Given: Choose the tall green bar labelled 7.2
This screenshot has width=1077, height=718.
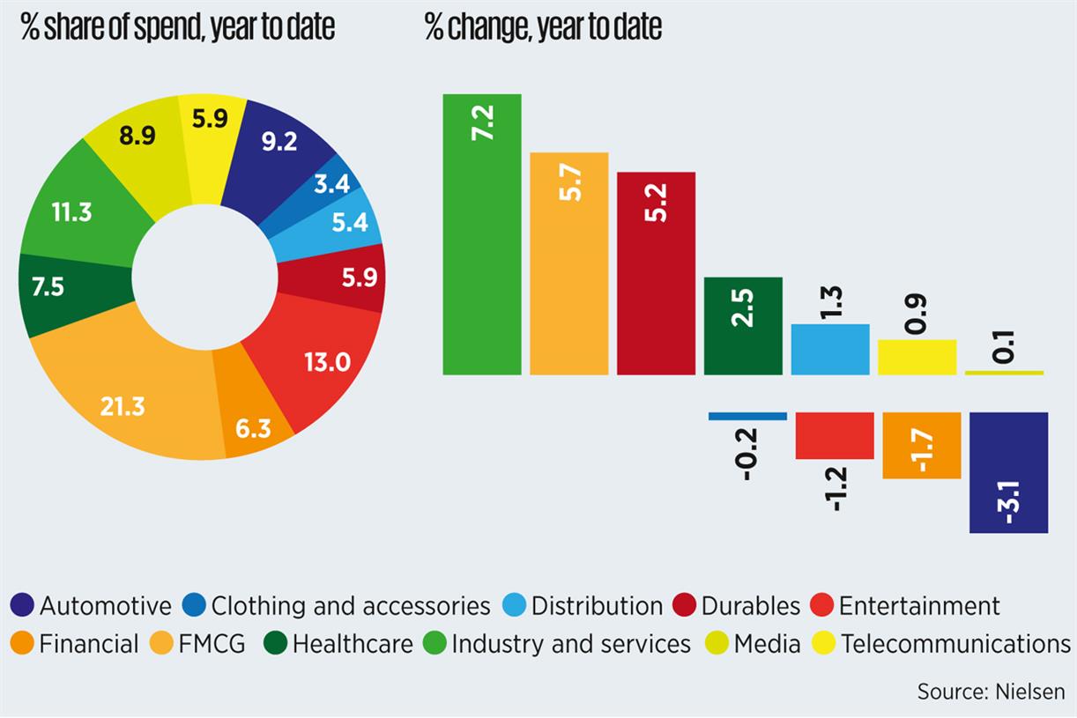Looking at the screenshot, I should (x=482, y=233).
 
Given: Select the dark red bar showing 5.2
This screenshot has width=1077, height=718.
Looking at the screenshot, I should (x=656, y=273).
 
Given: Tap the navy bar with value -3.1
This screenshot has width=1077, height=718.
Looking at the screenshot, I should (x=1008, y=472).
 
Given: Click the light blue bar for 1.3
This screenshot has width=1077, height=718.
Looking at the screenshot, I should (x=829, y=350).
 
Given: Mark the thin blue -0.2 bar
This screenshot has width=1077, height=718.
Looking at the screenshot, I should (x=747, y=416).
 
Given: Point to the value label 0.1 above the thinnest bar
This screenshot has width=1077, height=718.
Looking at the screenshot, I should (x=1004, y=347).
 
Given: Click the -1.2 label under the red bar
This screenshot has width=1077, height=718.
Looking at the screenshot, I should (x=836, y=490).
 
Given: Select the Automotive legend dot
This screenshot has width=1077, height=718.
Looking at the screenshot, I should (x=22, y=606).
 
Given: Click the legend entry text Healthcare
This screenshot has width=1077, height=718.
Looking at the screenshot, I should (x=353, y=644).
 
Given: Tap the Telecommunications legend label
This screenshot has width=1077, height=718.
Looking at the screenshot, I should (x=955, y=644).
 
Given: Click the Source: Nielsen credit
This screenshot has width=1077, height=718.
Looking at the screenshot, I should (x=991, y=692).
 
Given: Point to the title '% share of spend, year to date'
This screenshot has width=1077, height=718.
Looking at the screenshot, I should (x=177, y=28).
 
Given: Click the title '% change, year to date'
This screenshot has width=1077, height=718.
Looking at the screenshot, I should (x=543, y=28).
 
